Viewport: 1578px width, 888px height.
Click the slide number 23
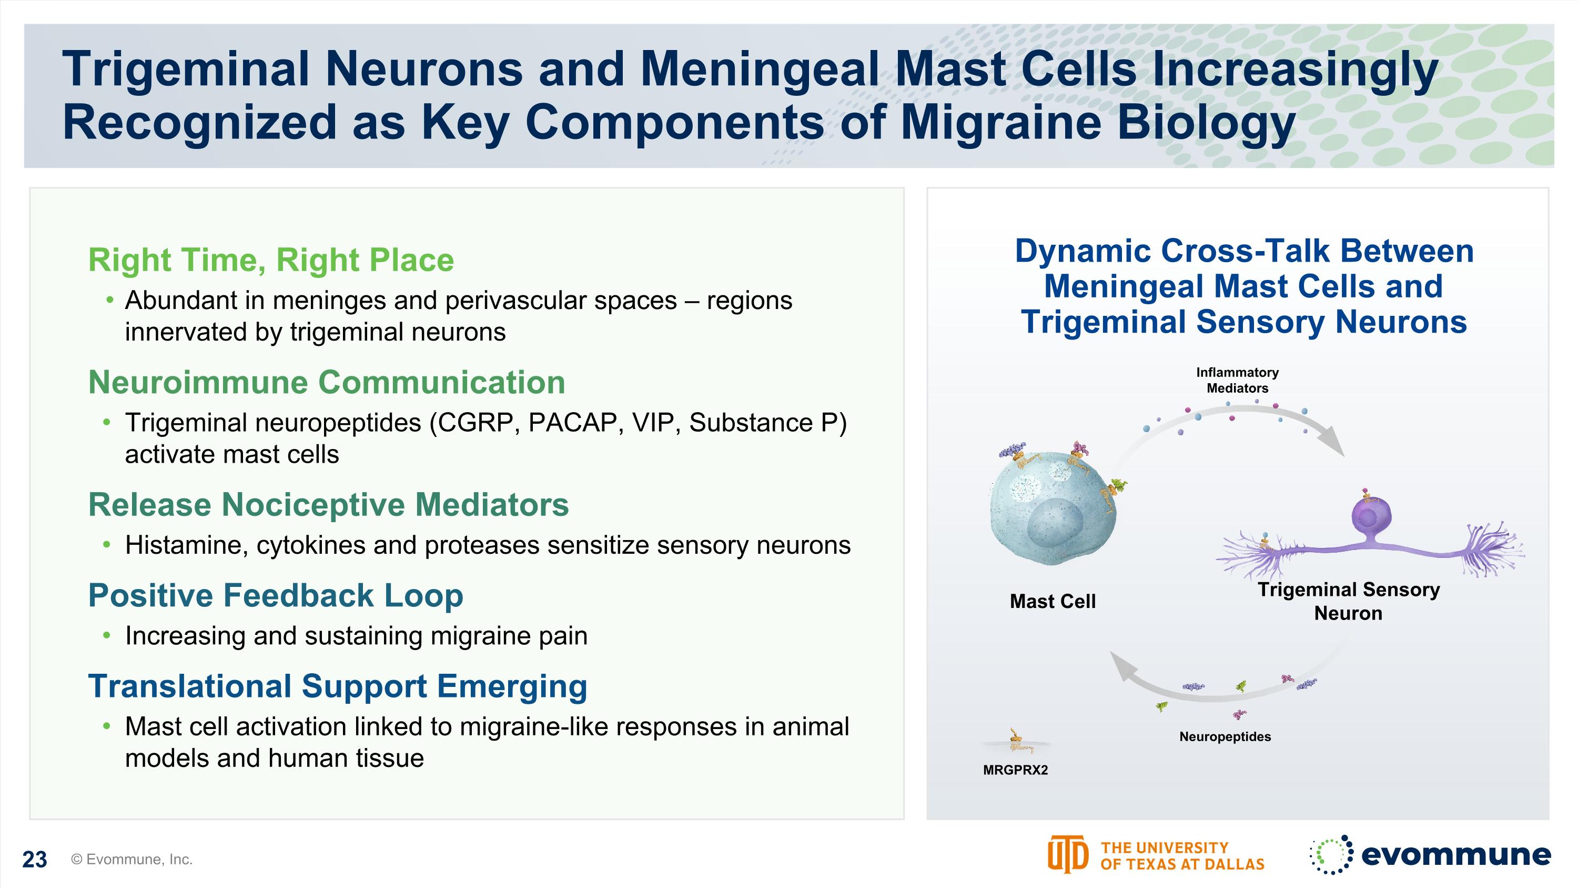coord(34,859)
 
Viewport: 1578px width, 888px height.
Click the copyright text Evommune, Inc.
coord(131,859)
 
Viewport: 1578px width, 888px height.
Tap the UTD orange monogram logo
coord(1067,854)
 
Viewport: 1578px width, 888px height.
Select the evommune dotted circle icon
coord(1331,854)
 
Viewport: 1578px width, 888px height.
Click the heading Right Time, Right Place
coord(271,260)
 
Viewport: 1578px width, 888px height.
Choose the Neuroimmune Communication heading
coord(327,382)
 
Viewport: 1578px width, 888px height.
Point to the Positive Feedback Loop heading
coord(276,596)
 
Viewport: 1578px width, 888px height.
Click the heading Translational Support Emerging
coord(338,686)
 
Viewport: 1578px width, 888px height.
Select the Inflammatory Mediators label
coord(1237,380)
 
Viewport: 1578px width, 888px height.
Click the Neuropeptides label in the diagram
coord(1225,736)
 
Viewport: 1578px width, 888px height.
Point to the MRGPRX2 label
coord(1015,770)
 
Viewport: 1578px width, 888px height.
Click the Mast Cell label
coord(1053,601)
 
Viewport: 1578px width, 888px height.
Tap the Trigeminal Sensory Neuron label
coord(1348,601)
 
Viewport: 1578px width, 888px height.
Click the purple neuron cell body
coord(1371,516)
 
